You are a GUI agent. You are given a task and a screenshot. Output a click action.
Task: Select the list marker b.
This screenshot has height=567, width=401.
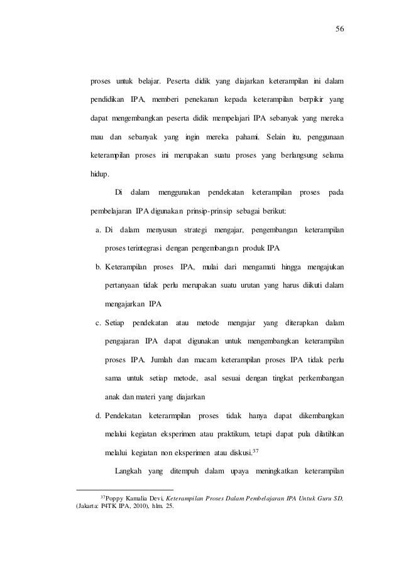98,267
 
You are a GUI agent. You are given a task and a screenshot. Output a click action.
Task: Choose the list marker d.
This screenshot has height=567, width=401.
98,416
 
